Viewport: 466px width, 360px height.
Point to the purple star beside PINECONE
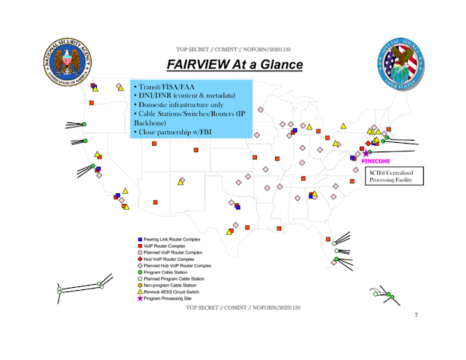pyautogui.click(x=366, y=153)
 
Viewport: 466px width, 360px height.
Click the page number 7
pyautogui.click(x=416, y=315)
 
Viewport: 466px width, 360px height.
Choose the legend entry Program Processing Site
pyautogui.click(x=168, y=298)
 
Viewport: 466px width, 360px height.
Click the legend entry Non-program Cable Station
pyautogui.click(x=170, y=285)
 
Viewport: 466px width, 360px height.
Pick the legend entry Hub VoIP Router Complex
pyautogui.click(x=170, y=259)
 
